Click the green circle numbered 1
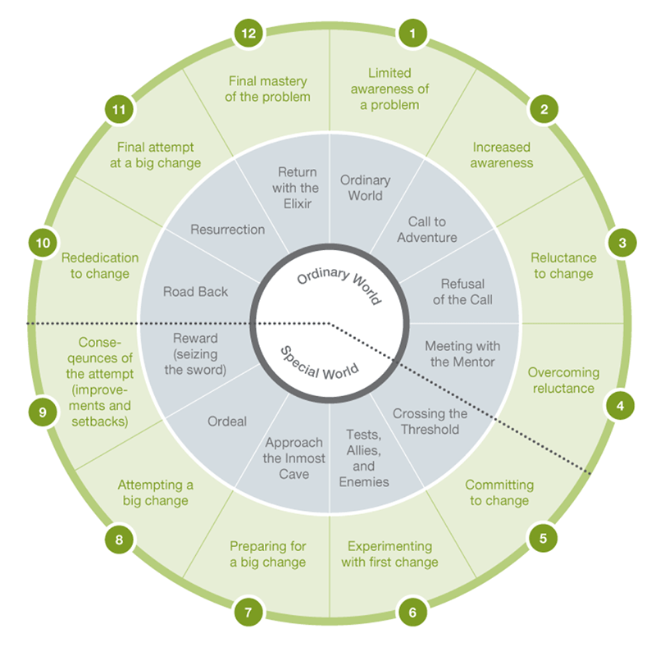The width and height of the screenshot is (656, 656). click(412, 34)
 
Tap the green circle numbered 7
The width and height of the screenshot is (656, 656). click(248, 613)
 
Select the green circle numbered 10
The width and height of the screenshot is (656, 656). click(43, 243)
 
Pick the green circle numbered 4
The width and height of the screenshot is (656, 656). click(620, 405)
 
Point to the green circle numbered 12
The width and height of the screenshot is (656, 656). click(248, 34)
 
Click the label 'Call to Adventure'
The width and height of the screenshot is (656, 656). click(426, 230)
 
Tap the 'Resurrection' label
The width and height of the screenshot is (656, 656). click(228, 230)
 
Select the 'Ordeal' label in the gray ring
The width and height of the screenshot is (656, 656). click(227, 421)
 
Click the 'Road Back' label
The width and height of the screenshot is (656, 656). click(195, 291)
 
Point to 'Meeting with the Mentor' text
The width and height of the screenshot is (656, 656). click(462, 354)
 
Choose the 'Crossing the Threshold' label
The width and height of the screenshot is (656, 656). click(430, 421)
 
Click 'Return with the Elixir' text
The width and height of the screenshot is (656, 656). click(296, 188)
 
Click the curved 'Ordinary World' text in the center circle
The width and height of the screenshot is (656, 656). click(339, 282)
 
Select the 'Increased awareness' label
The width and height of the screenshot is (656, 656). click(502, 155)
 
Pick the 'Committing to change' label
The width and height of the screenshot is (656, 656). click(499, 493)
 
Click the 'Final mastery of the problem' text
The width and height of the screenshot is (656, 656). click(268, 89)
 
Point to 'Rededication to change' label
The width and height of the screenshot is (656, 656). click(100, 265)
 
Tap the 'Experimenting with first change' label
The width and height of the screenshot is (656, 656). click(389, 554)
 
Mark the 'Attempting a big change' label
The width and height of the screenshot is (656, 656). click(155, 493)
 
